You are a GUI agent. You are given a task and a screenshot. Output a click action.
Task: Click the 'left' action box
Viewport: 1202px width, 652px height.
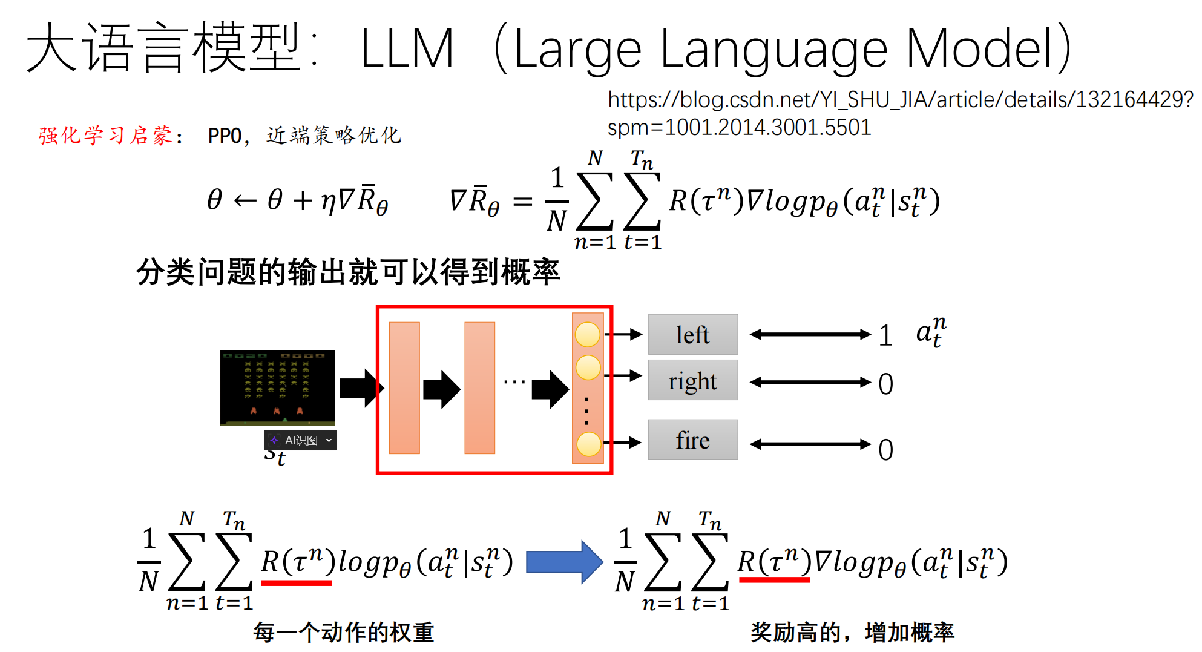click(x=692, y=334)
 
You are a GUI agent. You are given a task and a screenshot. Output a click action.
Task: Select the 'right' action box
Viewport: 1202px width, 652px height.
click(x=692, y=380)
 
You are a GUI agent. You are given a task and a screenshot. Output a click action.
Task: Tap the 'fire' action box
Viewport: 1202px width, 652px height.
click(x=692, y=440)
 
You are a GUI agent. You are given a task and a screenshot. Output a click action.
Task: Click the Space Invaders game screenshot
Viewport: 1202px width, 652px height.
click(x=277, y=387)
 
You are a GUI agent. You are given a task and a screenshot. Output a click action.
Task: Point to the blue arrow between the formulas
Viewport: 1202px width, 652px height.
click(x=563, y=562)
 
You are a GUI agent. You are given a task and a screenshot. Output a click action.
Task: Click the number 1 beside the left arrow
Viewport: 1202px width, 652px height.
click(x=885, y=335)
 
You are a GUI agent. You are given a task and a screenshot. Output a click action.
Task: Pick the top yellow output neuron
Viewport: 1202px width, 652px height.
click(x=587, y=334)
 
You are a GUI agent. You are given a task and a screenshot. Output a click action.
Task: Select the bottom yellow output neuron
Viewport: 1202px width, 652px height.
click(x=588, y=444)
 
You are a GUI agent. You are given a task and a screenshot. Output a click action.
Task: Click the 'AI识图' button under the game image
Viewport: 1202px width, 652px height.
click(x=300, y=440)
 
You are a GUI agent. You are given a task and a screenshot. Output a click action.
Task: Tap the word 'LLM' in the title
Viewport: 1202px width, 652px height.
click(x=407, y=48)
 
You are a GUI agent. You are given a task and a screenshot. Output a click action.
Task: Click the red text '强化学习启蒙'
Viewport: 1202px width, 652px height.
click(x=105, y=136)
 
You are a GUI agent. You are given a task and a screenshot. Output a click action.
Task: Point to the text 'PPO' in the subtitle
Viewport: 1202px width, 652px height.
click(x=225, y=136)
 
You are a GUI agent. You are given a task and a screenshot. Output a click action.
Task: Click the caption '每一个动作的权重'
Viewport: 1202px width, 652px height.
click(x=343, y=632)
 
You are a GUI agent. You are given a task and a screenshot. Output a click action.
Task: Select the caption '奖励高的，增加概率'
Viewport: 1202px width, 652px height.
click(x=852, y=632)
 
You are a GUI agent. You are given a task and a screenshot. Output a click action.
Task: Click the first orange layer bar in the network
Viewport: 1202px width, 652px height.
click(x=404, y=387)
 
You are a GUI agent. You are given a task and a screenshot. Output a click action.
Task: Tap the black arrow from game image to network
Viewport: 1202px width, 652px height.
click(x=361, y=387)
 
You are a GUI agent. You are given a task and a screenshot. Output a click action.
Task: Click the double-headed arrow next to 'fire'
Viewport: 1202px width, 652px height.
click(x=810, y=444)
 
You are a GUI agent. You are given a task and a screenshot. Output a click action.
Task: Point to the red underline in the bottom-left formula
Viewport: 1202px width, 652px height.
click(x=296, y=582)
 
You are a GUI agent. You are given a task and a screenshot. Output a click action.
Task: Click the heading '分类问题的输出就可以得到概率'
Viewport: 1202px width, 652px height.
click(x=348, y=272)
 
